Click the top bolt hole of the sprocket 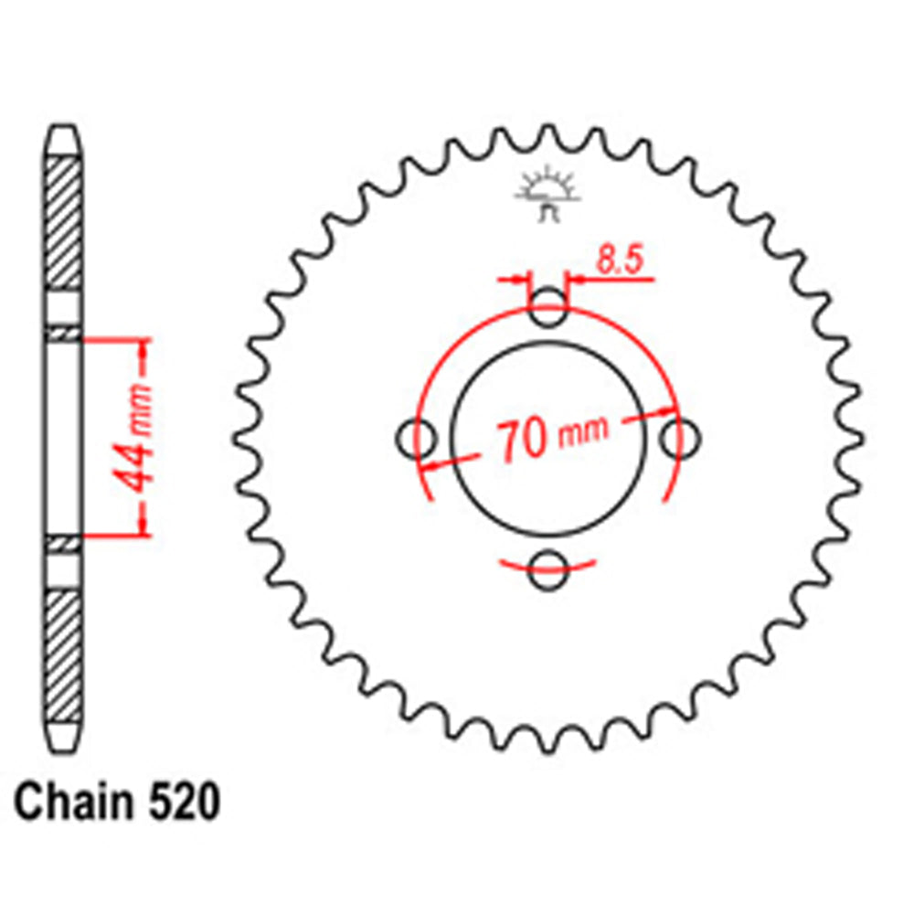click(x=548, y=309)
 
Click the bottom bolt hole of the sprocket click(x=548, y=570)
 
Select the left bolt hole click(x=416, y=440)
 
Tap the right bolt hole click(x=681, y=440)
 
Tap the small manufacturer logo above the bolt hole click(x=547, y=195)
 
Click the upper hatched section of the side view click(x=64, y=224)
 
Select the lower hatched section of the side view click(x=64, y=654)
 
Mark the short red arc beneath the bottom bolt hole click(x=548, y=564)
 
